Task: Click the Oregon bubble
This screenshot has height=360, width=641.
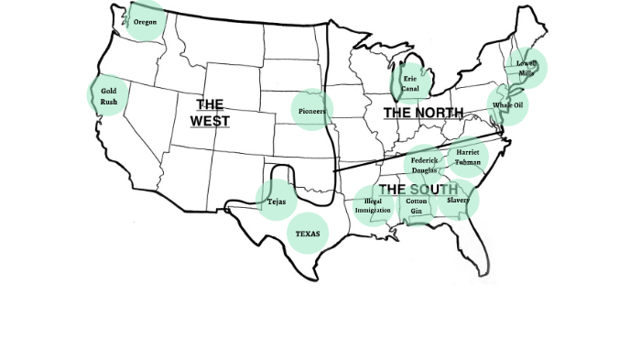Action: click(x=145, y=20)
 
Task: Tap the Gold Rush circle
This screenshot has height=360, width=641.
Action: click(x=109, y=95)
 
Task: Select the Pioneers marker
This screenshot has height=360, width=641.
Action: click(x=312, y=111)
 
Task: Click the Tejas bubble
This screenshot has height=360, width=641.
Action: click(x=276, y=201)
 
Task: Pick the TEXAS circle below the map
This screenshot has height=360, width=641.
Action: click(x=308, y=234)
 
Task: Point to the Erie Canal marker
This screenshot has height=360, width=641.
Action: click(x=411, y=84)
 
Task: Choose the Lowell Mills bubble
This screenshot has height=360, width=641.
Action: click(x=527, y=67)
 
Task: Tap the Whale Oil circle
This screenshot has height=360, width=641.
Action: click(x=507, y=105)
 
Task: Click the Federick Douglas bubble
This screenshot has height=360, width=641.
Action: click(x=423, y=165)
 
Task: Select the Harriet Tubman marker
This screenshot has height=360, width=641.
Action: click(x=468, y=157)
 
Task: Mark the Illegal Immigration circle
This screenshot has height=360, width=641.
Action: click(x=373, y=205)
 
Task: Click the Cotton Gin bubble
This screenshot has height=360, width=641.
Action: click(x=417, y=205)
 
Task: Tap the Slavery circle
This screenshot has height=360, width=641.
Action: click(x=458, y=200)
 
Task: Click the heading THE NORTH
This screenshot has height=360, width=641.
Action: click(x=423, y=113)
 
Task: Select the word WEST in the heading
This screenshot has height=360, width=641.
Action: click(x=210, y=121)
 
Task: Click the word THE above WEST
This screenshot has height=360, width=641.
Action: click(x=210, y=104)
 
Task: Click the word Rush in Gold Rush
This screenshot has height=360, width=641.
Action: click(x=109, y=101)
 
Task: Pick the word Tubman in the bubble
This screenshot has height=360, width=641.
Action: click(x=468, y=162)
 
